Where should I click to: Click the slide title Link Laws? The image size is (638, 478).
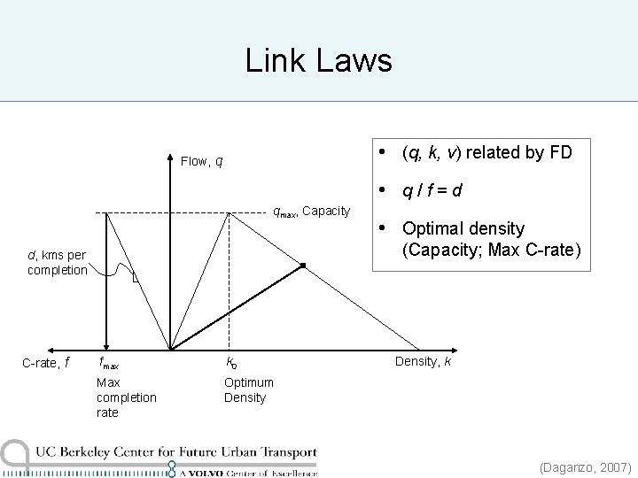click(x=318, y=61)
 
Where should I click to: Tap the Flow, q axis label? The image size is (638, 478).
click(x=201, y=161)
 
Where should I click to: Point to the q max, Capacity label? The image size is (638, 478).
click(x=311, y=211)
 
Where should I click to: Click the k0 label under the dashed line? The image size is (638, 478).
click(x=231, y=362)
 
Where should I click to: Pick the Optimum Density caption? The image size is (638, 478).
click(x=248, y=390)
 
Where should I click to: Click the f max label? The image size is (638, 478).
click(x=109, y=363)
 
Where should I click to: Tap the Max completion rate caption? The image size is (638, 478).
click(x=126, y=397)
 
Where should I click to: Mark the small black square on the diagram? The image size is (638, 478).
click(x=301, y=266)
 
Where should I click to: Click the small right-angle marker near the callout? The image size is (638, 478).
click(x=135, y=280)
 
